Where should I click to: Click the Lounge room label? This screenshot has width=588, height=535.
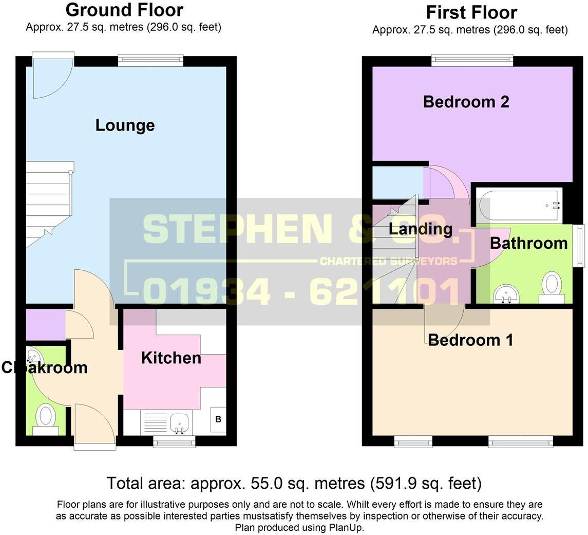[125, 125]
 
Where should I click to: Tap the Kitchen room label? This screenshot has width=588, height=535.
[171, 358]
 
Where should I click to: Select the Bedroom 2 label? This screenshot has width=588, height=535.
[466, 102]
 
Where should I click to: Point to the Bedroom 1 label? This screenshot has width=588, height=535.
[470, 340]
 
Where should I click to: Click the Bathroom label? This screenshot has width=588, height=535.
[528, 243]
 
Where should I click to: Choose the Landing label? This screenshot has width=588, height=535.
[420, 229]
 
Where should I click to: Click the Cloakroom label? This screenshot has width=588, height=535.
[44, 368]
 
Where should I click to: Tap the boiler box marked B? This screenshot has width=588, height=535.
[218, 420]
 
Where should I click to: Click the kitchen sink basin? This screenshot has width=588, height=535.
[180, 423]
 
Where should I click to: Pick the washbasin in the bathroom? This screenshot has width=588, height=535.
[506, 295]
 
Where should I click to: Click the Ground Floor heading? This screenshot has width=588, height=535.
[124, 10]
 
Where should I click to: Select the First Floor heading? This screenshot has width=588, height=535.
[471, 12]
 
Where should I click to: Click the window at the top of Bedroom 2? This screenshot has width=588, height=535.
[472, 61]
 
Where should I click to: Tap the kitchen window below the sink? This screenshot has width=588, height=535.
[174, 441]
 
